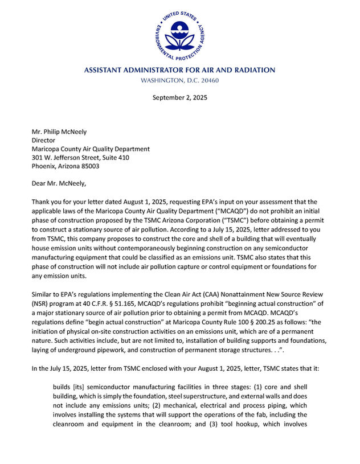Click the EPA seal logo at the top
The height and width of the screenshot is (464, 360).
[x=179, y=35]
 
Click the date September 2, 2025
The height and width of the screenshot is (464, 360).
[x=179, y=97]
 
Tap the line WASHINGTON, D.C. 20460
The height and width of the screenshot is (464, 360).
[x=179, y=80]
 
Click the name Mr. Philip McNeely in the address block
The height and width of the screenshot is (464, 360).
[x=59, y=132]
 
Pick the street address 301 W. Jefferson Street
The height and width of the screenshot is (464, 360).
[x=70, y=158]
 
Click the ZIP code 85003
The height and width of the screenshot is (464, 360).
[x=90, y=166]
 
